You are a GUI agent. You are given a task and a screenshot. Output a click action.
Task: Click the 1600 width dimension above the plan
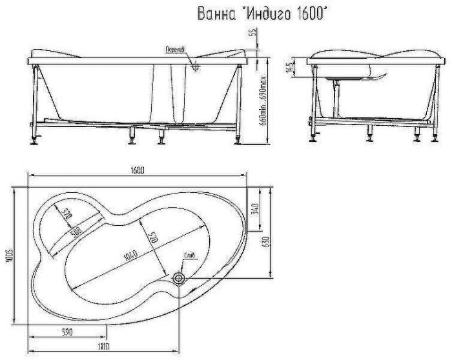(x=136, y=170)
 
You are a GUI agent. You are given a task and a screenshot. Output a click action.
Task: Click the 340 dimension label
(x=256, y=210)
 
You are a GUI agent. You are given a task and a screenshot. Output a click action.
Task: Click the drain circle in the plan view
(x=179, y=278)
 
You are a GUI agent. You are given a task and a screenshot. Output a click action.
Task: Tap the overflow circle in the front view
(x=196, y=63)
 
